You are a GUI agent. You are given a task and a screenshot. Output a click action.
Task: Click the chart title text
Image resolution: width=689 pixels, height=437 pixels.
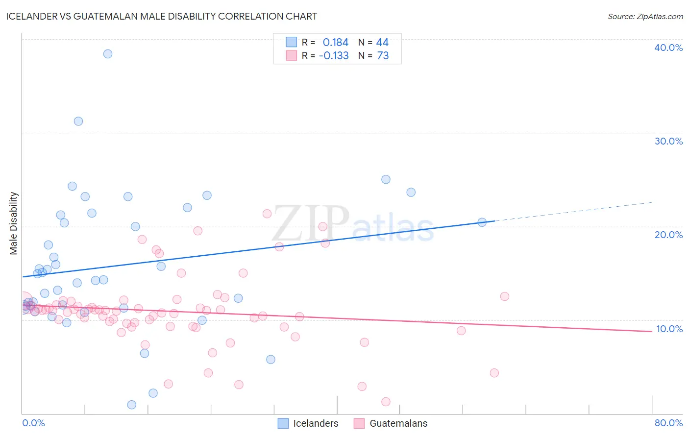pyautogui.click(x=161, y=16)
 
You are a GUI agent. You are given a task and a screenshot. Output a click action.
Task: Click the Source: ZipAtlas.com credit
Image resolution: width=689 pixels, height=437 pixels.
pyautogui.click(x=645, y=16)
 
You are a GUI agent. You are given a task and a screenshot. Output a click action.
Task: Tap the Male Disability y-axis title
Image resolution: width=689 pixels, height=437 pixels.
pyautogui.click(x=14, y=223)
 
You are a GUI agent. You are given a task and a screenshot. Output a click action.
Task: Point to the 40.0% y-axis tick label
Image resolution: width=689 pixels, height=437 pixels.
pyautogui.click(x=668, y=48)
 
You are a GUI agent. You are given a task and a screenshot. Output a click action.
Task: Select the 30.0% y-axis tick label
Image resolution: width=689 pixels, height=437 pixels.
pyautogui.click(x=668, y=141)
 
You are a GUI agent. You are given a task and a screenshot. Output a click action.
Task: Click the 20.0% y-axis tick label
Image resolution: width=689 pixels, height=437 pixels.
pyautogui.click(x=668, y=235)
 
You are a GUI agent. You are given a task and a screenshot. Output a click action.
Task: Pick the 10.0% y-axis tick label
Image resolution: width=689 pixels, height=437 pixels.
pyautogui.click(x=669, y=329)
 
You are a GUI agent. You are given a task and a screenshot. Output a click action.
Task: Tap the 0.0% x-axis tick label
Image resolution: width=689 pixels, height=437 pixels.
pyautogui.click(x=33, y=423)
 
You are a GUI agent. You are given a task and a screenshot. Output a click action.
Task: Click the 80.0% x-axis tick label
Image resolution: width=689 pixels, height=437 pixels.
pyautogui.click(x=668, y=423)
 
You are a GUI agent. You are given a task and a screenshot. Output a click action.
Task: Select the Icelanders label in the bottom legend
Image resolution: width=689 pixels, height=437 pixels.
pyautogui.click(x=316, y=423)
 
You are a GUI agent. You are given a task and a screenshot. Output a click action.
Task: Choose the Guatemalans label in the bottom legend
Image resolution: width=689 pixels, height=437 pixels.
pyautogui.click(x=398, y=423)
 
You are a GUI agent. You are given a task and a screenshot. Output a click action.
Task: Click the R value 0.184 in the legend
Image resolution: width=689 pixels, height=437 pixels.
pyautogui.click(x=335, y=43)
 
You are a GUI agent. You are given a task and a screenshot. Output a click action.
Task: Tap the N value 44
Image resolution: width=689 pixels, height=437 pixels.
pyautogui.click(x=382, y=43)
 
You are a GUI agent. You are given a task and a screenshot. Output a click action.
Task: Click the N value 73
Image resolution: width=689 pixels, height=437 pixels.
pyautogui.click(x=383, y=56)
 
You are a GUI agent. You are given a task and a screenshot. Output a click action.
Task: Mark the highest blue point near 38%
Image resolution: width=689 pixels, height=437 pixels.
pyautogui.click(x=108, y=54)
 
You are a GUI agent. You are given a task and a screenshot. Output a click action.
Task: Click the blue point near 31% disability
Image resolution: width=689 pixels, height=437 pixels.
pyautogui.click(x=78, y=121)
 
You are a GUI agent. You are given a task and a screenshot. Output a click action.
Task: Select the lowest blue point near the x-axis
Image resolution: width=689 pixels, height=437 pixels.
pyautogui.click(x=132, y=405)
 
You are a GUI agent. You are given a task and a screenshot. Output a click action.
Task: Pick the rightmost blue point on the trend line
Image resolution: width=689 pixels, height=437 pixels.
pyautogui.click(x=482, y=222)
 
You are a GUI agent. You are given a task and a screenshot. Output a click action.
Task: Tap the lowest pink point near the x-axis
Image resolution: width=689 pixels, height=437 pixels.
pyautogui.click(x=386, y=402)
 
